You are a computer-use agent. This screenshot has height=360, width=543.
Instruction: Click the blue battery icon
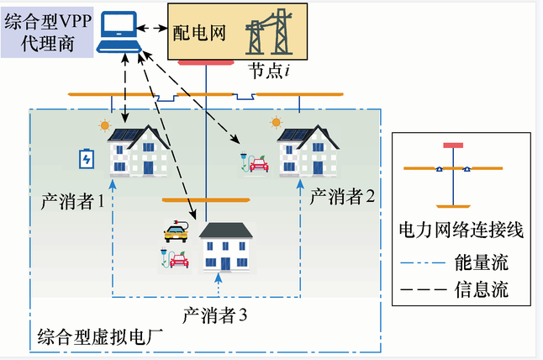(86, 159)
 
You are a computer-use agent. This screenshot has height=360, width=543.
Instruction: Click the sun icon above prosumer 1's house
(104, 127)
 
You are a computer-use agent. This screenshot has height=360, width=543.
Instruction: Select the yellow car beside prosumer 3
(176, 231)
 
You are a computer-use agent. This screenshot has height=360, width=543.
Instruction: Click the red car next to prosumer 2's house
(258, 164)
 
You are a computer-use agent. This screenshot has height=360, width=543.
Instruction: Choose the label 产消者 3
(215, 316)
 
